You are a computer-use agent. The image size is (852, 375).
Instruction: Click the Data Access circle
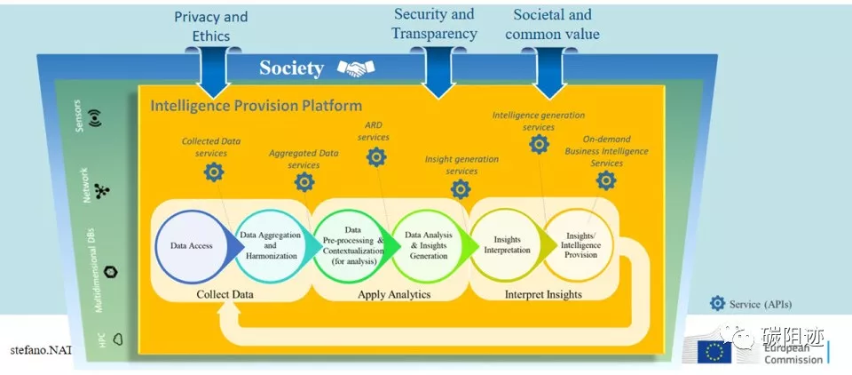192,246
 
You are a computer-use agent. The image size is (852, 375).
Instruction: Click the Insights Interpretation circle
505,246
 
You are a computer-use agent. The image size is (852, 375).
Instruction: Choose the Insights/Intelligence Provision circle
580,246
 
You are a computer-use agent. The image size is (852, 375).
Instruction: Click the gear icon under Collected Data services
213,172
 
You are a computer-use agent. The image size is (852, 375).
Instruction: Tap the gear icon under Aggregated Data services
304,182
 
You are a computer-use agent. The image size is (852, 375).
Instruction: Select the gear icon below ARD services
376,157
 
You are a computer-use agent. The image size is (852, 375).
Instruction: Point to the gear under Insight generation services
461,188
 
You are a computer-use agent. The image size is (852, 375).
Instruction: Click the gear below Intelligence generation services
539,145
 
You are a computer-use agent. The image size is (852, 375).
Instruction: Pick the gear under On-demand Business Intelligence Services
606,180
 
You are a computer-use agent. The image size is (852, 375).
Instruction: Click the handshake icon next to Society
360,68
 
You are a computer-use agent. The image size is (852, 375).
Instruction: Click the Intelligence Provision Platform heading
256,105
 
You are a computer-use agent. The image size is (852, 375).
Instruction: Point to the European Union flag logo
714,352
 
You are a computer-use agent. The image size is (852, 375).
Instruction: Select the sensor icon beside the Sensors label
96,117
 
